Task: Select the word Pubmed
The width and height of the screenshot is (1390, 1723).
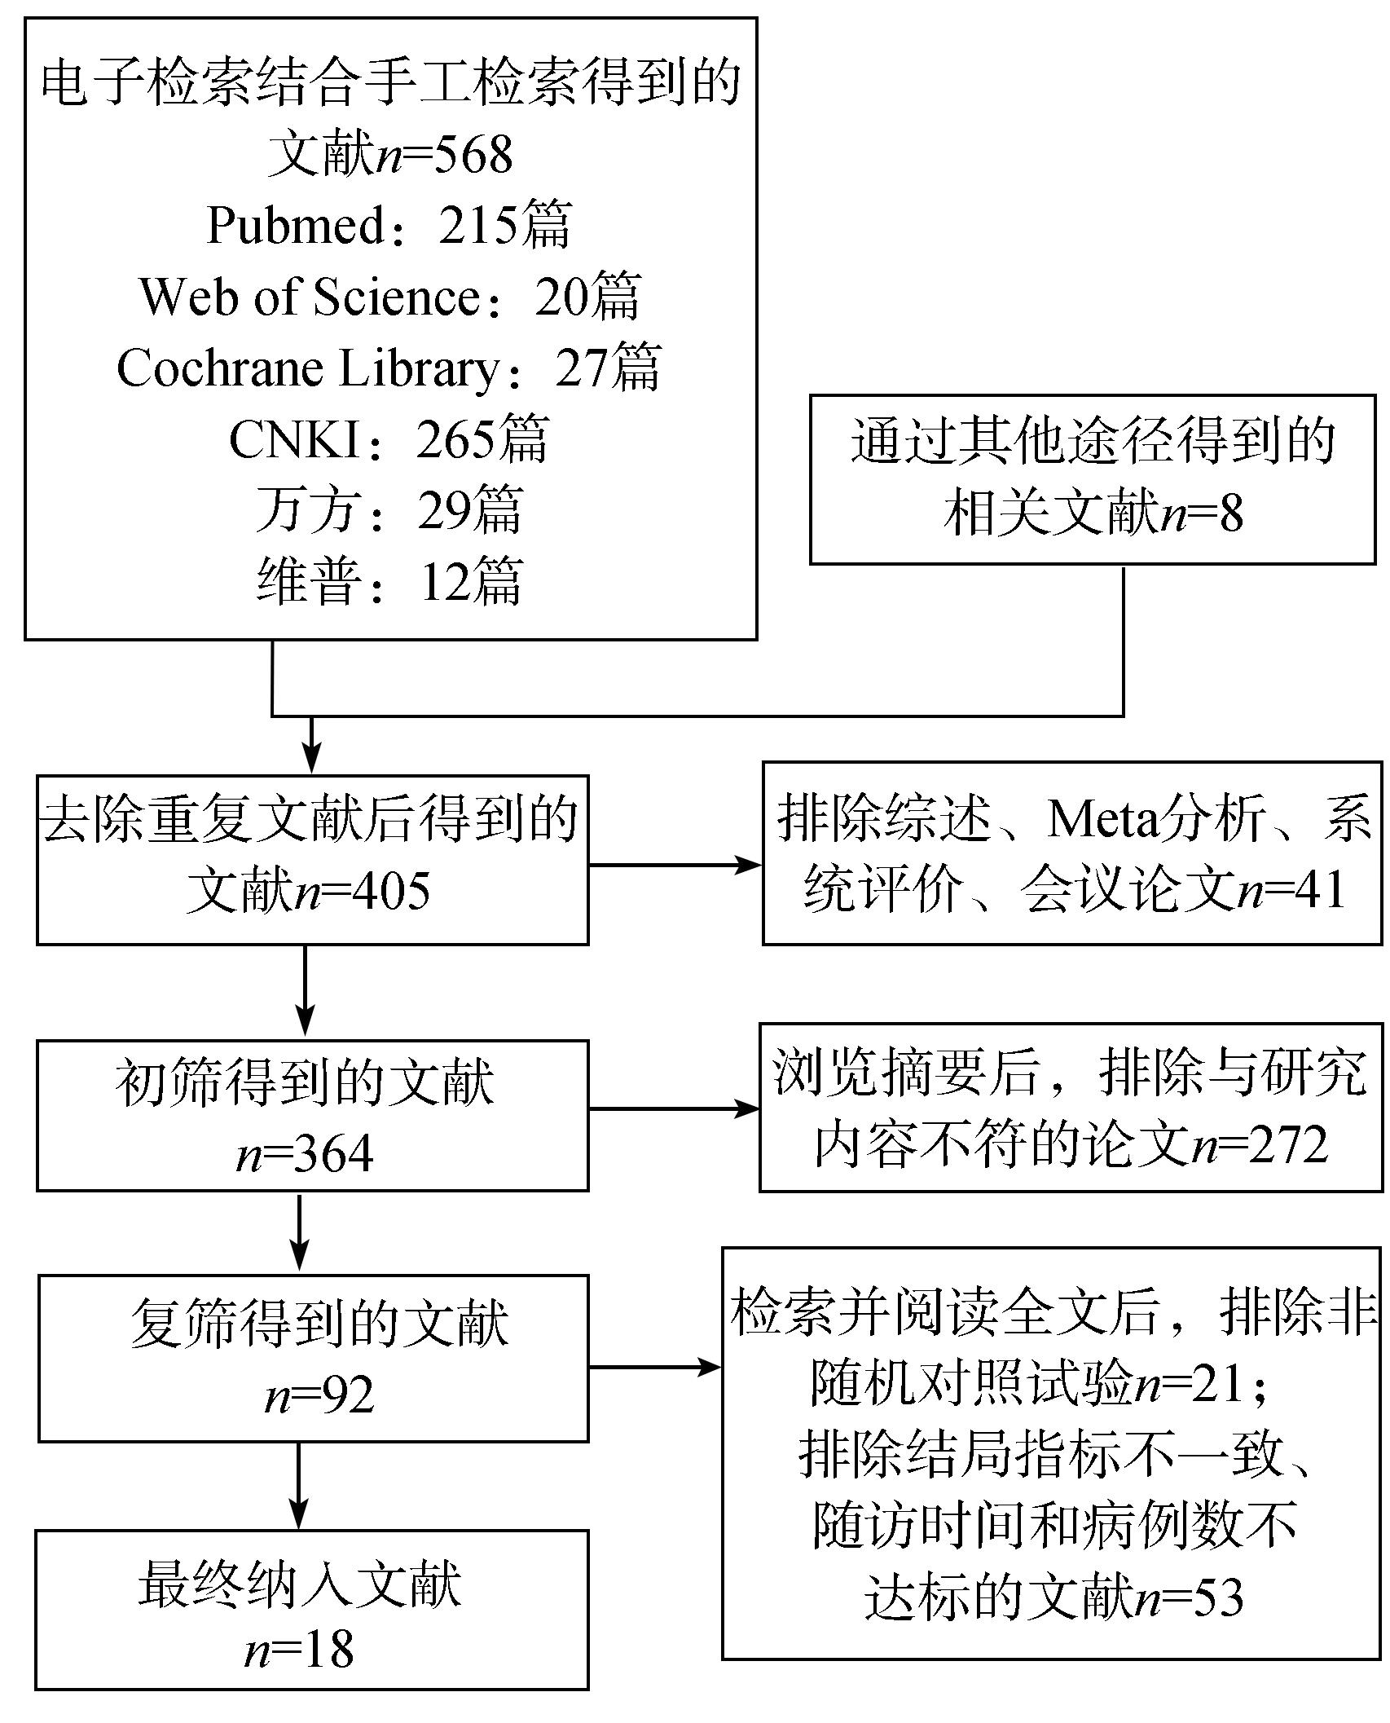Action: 295,225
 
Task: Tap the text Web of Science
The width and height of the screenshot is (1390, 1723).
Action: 310,297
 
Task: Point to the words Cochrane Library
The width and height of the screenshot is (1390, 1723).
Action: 308,368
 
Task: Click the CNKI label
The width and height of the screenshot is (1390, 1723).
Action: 294,440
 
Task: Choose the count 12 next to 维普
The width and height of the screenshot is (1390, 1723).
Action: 446,582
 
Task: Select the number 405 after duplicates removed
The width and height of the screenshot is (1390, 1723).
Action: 390,892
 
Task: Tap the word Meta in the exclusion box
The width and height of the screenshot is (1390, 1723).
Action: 1102,818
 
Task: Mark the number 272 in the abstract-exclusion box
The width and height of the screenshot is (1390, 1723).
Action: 1289,1144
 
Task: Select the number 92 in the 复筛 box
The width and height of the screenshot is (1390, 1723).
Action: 348,1395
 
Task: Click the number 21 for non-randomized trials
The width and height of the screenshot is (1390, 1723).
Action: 1218,1384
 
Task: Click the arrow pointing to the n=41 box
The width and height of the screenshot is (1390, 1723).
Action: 675,866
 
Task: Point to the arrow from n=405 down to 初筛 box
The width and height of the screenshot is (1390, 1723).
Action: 305,992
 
